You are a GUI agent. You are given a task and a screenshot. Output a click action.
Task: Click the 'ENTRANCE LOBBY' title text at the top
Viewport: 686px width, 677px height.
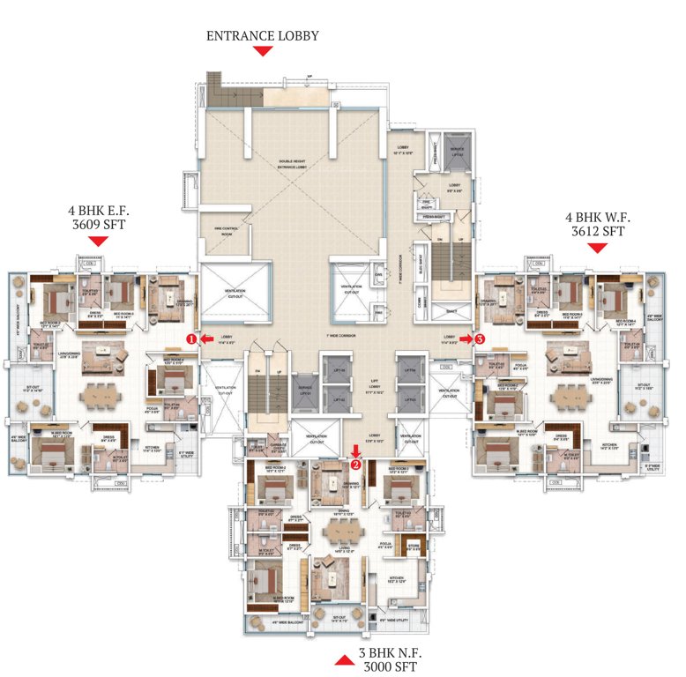click(x=262, y=36)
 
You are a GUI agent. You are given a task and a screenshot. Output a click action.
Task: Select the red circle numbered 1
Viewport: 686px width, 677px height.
click(x=189, y=337)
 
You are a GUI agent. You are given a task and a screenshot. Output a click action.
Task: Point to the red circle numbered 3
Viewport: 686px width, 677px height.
click(x=480, y=337)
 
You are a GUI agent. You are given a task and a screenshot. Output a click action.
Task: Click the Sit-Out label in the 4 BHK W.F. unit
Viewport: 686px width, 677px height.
click(x=633, y=385)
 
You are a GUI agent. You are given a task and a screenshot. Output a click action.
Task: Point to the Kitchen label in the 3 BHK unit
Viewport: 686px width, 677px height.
click(x=399, y=579)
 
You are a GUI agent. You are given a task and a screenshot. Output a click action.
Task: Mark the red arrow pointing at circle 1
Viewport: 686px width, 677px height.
click(x=202, y=337)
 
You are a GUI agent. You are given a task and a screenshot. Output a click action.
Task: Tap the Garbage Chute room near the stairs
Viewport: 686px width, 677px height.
click(x=276, y=448)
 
